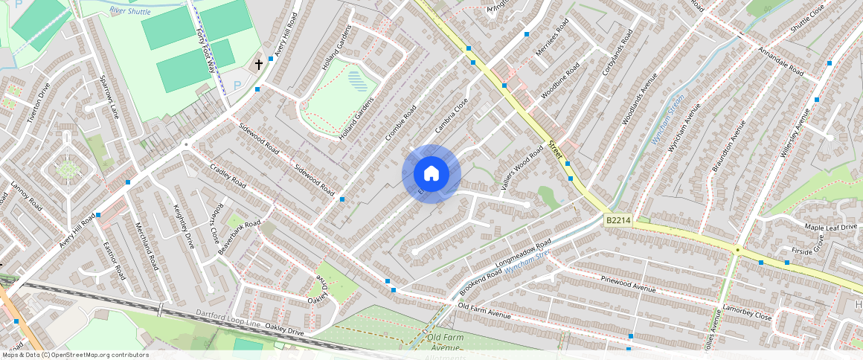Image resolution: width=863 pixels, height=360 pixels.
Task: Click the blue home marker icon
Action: [431, 173]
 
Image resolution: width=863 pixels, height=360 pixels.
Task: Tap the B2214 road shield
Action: [617, 220]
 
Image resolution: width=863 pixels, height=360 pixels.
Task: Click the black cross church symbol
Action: [259, 65]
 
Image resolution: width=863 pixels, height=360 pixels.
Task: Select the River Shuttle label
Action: [129, 11]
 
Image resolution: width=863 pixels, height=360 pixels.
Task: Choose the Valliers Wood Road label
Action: [522, 170]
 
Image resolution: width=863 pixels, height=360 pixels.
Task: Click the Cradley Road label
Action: [228, 176]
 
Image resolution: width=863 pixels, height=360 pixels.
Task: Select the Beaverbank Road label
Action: [239, 237]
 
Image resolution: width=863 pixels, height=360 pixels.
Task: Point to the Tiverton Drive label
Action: [38, 103]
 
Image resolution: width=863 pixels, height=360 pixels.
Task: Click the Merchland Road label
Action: [147, 245]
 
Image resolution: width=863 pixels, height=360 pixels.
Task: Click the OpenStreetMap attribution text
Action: [75, 355]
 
